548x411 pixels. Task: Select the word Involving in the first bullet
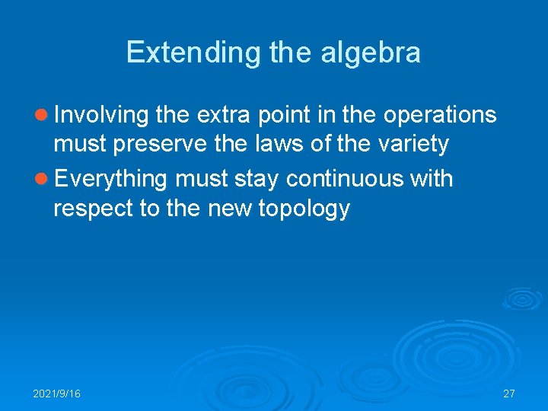click(x=101, y=115)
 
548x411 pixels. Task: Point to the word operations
click(x=440, y=115)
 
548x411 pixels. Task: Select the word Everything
click(x=110, y=179)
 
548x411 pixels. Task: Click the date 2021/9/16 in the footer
click(x=56, y=393)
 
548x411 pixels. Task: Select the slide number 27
click(x=509, y=393)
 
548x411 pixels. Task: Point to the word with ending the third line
click(x=431, y=179)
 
